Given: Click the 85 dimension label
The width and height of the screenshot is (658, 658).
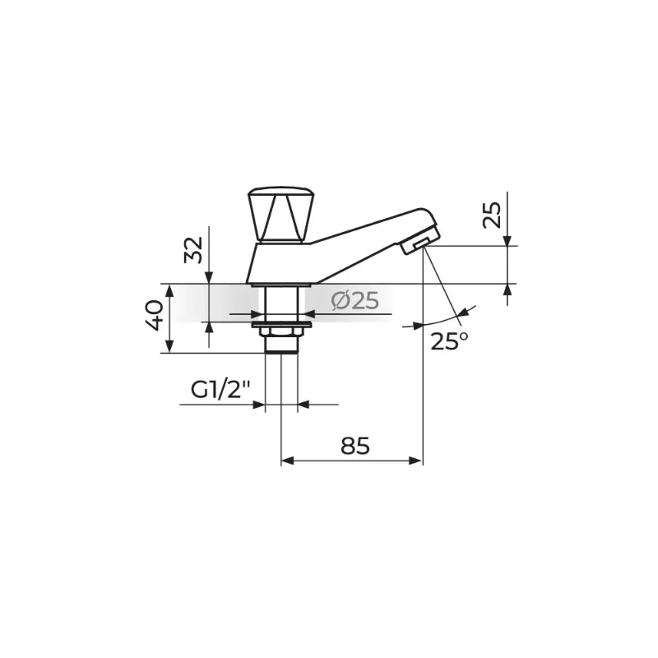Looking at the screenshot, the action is coord(355,446).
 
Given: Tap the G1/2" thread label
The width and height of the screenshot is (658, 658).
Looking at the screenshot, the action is coord(220,390).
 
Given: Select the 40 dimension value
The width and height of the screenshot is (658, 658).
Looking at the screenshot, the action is coord(155,315).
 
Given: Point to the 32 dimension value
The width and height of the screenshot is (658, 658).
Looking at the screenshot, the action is coord(193,250).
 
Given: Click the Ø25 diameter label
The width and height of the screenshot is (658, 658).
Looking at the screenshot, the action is coord(354,300).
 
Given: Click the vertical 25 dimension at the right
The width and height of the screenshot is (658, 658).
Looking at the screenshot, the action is coord(492,215).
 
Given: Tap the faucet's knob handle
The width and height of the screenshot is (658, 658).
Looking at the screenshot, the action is coord(281,215).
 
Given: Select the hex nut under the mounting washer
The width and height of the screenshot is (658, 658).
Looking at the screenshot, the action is coord(281,332).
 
